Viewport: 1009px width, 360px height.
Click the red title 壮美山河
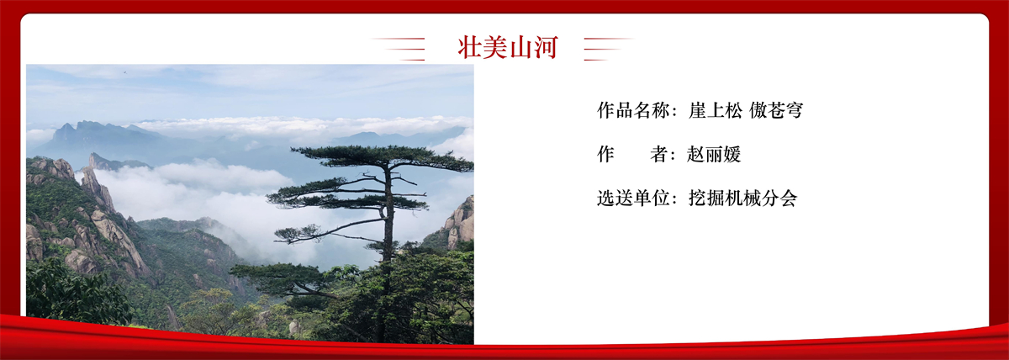(508, 47)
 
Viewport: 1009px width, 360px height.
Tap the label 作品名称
(633, 110)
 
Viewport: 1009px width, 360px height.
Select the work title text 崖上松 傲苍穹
(746, 110)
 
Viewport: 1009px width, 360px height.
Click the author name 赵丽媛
(714, 155)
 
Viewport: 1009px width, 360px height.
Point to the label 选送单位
(633, 199)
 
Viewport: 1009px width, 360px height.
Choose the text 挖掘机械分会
(742, 199)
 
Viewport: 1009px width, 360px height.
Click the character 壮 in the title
(470, 47)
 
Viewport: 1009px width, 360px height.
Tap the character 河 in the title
(546, 47)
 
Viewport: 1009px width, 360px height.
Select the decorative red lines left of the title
(399, 49)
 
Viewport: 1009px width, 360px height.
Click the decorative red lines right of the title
(609, 49)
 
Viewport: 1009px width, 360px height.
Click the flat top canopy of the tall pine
(383, 156)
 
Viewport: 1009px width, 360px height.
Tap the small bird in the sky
(124, 71)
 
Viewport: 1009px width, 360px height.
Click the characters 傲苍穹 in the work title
(776, 110)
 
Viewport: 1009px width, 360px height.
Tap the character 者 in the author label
(658, 155)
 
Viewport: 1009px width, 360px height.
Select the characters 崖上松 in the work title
(716, 110)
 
